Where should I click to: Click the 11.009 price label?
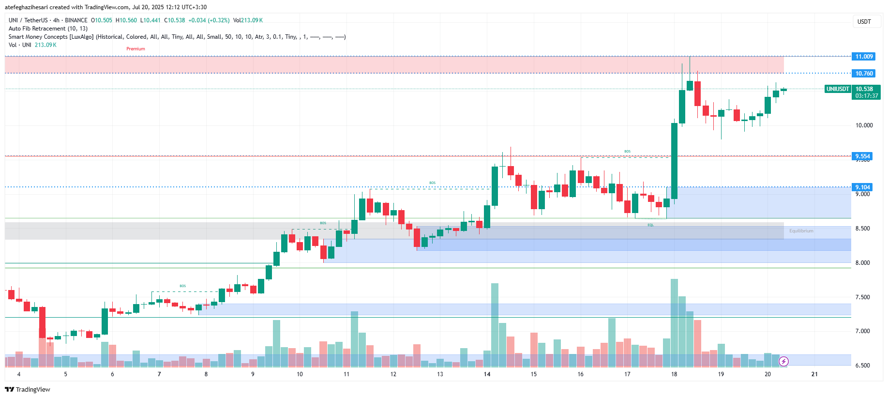(864, 57)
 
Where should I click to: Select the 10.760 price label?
(864, 74)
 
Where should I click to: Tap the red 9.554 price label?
(862, 156)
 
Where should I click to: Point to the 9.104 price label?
(862, 187)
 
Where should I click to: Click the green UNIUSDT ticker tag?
(838, 89)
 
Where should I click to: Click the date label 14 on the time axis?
(487, 374)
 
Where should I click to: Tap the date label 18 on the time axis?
(674, 374)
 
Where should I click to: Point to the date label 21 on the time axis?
(814, 374)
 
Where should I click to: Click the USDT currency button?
(864, 22)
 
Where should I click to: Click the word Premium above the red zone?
(135, 49)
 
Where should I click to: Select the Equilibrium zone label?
(801, 231)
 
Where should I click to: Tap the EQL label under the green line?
(650, 225)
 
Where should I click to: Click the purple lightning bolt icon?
(783, 361)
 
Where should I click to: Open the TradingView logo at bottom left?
(28, 390)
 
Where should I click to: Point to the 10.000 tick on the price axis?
(864, 125)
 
